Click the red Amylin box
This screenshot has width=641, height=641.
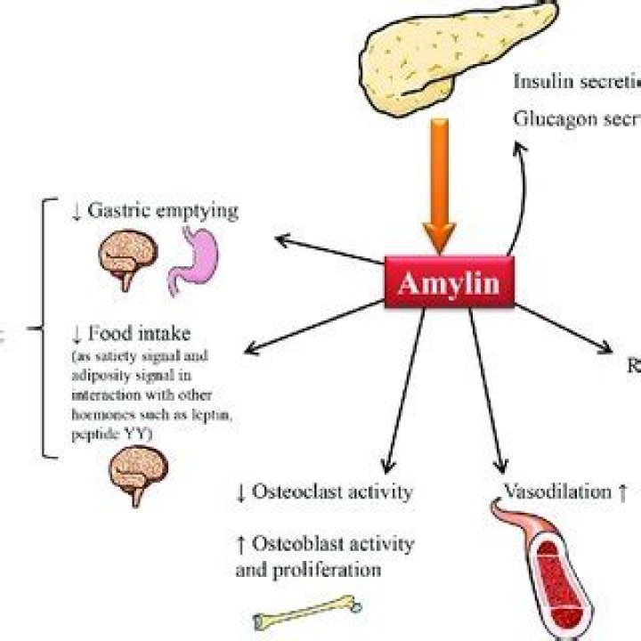(449, 284)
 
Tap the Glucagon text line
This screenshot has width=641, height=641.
(577, 118)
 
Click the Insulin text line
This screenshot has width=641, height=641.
(577, 81)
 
